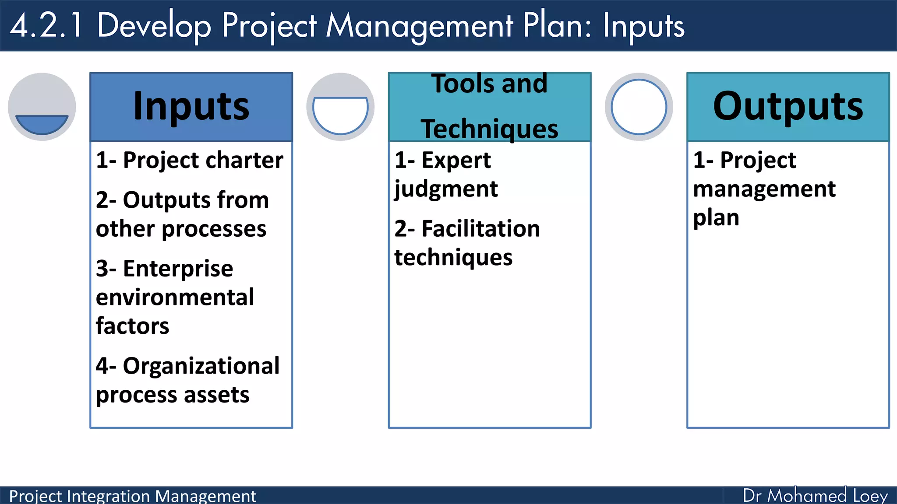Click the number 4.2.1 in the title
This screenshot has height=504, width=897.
(46, 25)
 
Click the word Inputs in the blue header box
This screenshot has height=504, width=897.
(191, 106)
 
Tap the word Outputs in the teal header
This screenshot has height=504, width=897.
(788, 106)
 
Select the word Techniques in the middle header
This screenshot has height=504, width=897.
(489, 129)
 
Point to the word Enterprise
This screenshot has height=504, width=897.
(178, 269)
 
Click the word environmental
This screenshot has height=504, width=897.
(175, 297)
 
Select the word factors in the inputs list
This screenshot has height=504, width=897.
(132, 326)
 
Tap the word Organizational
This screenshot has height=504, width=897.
(201, 366)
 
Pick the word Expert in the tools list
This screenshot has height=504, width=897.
(456, 161)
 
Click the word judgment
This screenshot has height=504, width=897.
(446, 189)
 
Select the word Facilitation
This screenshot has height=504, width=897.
(480, 229)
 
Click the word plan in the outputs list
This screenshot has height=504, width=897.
(716, 218)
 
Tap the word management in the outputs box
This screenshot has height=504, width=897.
(764, 189)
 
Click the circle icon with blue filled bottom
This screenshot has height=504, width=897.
(42, 107)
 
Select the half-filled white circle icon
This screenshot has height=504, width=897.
(340, 107)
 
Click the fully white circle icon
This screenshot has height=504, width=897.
(639, 107)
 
